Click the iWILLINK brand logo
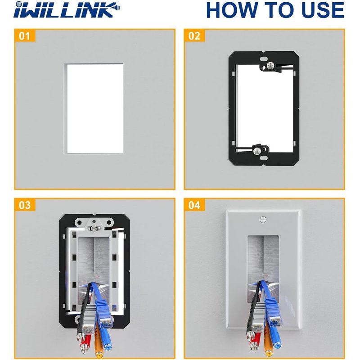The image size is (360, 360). [x=66, y=9]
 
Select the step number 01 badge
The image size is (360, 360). [x=25, y=36]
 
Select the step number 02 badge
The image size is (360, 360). [x=194, y=36]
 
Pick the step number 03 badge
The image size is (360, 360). [x=25, y=205]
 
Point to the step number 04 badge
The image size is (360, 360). [x=194, y=205]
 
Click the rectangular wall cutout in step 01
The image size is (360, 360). [x=94, y=108]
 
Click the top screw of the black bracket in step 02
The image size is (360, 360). [x=271, y=66]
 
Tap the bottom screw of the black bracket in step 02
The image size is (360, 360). [x=257, y=151]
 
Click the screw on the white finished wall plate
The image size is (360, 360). [x=263, y=220]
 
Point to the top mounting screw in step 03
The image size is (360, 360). [x=94, y=229]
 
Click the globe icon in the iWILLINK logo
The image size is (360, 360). [x=19, y=4]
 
